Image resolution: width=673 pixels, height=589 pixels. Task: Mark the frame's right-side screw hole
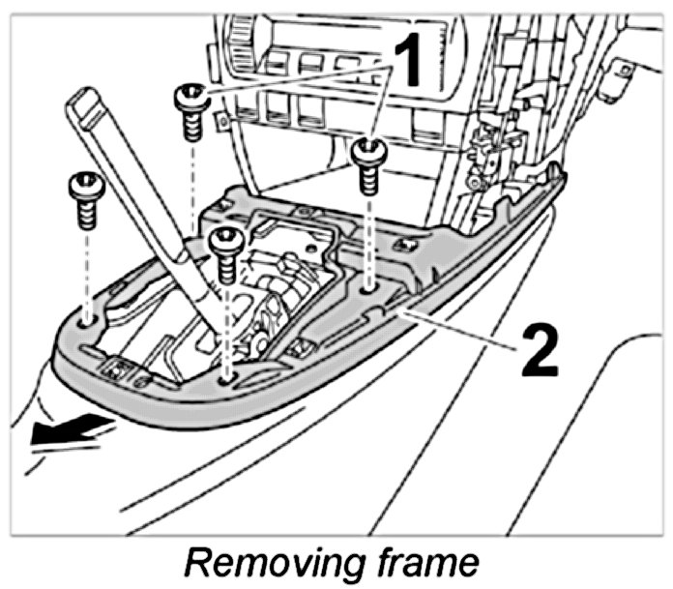(368, 287)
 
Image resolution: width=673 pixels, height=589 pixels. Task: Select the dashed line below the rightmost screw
(368, 237)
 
